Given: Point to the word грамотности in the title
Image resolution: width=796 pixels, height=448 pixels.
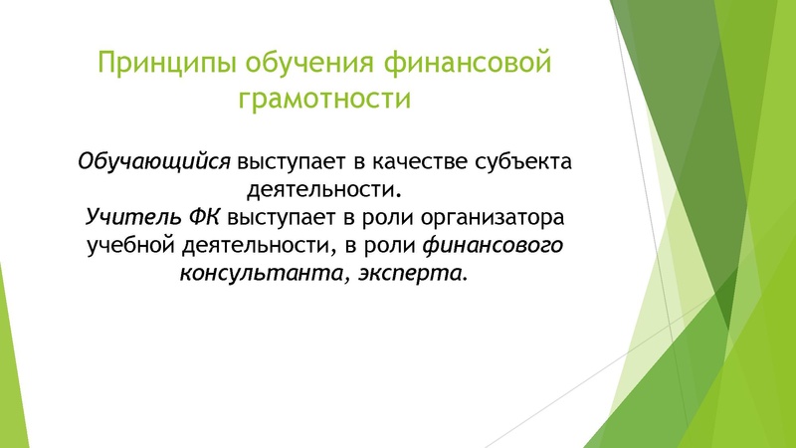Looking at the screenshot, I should [x=324, y=100].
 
